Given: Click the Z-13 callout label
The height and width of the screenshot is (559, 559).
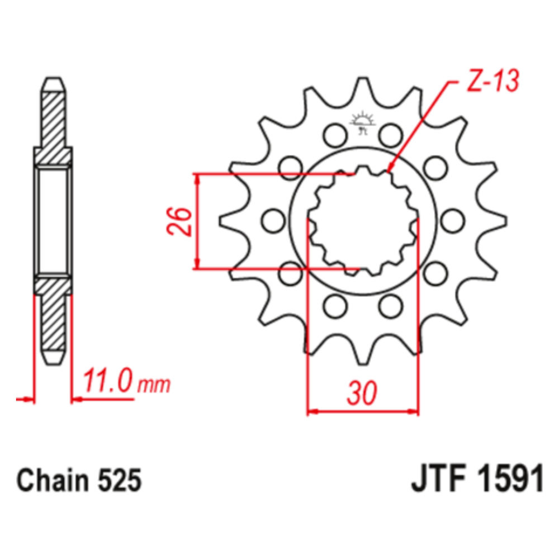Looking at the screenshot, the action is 492,81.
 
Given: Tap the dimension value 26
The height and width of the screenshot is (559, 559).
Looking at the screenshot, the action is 179,221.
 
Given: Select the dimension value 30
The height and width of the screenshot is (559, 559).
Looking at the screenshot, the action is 362,393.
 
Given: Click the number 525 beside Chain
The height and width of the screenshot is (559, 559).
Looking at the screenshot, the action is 120,480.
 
